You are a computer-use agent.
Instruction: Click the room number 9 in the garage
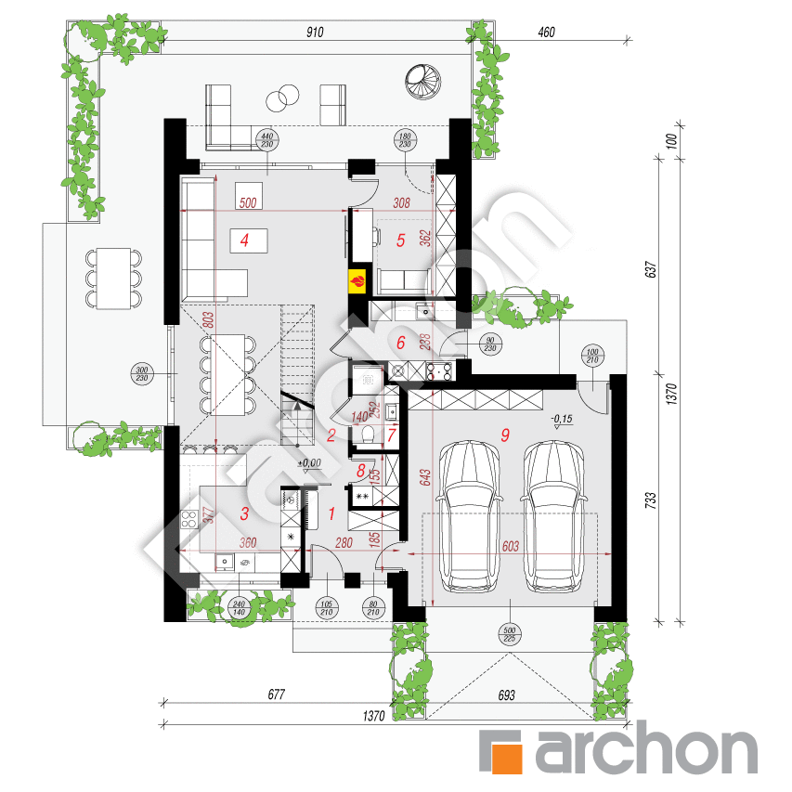[x=505, y=433]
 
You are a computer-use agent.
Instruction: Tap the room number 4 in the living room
[x=244, y=240]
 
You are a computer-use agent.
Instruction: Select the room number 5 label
[x=401, y=240]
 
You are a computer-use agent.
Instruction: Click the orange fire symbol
[x=357, y=279]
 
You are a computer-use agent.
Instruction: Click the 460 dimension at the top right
[x=545, y=32]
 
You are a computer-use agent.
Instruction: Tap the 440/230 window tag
[x=268, y=140]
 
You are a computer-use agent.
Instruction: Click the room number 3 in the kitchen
[x=245, y=513]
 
